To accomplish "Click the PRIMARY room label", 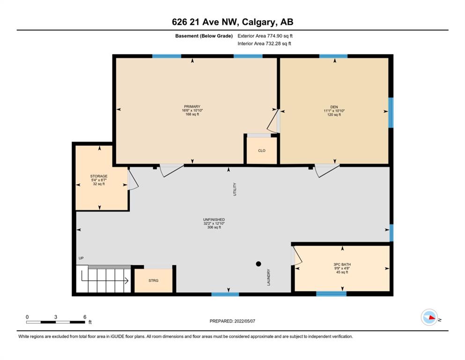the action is click(192, 106).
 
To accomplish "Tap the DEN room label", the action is click(334, 107).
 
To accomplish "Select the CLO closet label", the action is click(262, 150).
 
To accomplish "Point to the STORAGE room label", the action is click(99, 176).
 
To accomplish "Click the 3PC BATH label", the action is click(342, 264).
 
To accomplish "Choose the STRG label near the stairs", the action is click(153, 280).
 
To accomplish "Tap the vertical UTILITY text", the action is click(235, 189).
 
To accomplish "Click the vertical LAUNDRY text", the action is click(269, 277).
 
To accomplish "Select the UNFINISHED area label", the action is click(214, 220).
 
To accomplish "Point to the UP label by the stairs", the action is click(81, 258).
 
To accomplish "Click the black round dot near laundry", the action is click(258, 263).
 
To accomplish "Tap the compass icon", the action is click(429, 317).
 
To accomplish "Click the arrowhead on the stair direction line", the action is click(126, 280).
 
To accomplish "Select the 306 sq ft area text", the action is click(214, 227).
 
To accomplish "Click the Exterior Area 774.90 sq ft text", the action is click(265, 36).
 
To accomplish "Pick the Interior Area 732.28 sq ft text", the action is click(264, 44).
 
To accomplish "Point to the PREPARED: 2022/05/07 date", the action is click(232, 321).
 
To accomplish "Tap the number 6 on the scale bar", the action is click(85, 317).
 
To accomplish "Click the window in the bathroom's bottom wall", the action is click(331, 294).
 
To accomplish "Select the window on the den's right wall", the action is click(391, 112).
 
